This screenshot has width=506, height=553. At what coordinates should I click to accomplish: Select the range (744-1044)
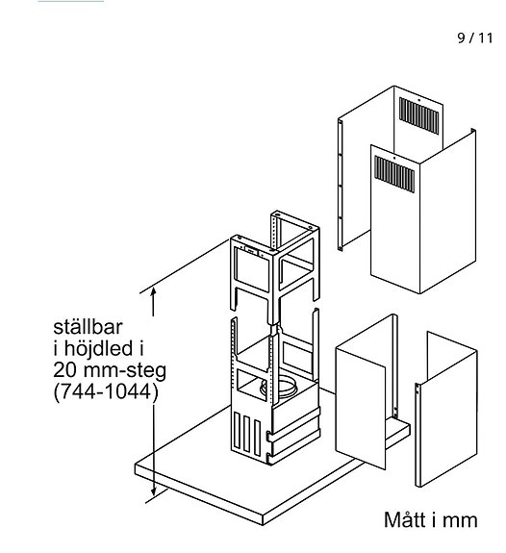click(107, 392)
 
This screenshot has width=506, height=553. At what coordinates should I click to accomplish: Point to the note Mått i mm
click(429, 520)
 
